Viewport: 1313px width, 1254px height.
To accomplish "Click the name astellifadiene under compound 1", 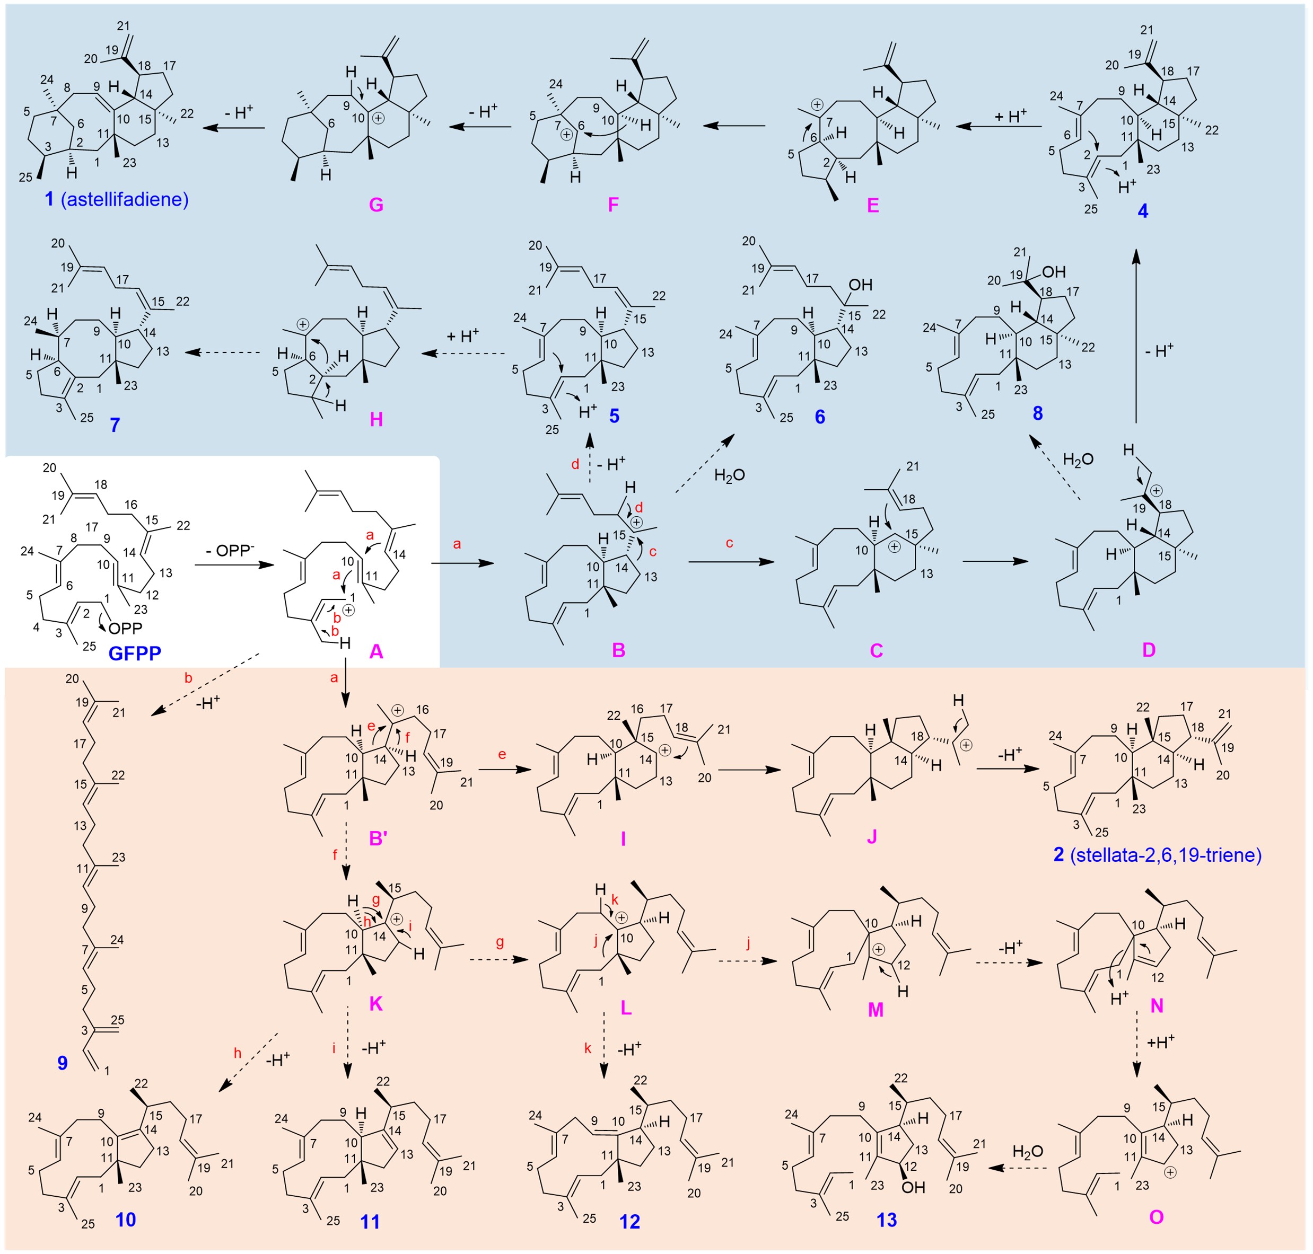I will click(125, 199).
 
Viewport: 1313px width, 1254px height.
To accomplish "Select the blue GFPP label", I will click(135, 652).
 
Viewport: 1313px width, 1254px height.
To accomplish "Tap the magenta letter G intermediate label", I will click(376, 205).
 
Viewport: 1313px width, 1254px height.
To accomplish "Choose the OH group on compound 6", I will click(861, 286).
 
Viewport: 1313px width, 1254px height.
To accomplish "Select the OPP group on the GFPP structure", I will click(126, 629).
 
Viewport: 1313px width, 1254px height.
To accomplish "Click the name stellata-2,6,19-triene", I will click(1166, 855).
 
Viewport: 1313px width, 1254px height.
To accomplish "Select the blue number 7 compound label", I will click(115, 425).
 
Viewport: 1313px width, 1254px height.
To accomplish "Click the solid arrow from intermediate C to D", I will click(996, 562).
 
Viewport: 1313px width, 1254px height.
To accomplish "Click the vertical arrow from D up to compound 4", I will click(1135, 334).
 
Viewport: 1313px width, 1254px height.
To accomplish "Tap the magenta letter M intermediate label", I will click(876, 1009).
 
